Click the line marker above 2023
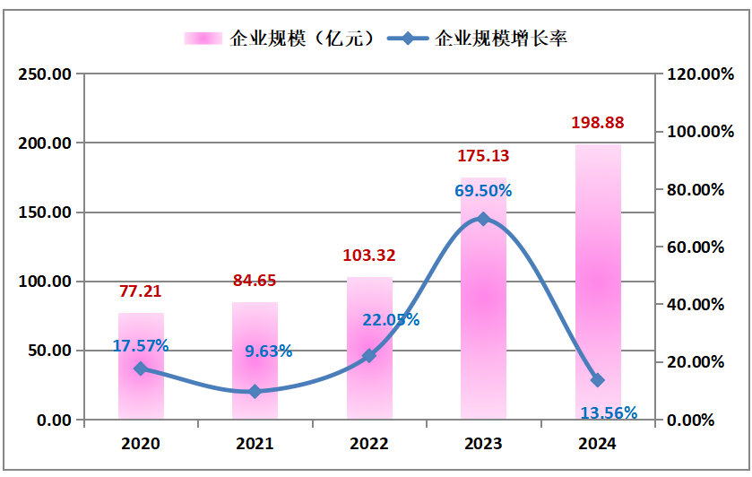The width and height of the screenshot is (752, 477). [x=483, y=219]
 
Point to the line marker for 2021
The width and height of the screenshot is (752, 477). [x=255, y=392]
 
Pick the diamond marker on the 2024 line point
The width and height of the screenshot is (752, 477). [x=598, y=380]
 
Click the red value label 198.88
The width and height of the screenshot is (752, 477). [x=598, y=122]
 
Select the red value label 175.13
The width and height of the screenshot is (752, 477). [x=483, y=155]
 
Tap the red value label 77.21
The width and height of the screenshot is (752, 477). [x=141, y=291]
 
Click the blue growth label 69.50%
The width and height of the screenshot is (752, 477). [x=483, y=190]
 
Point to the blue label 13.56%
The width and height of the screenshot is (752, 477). [x=609, y=412]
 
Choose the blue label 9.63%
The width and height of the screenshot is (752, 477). [x=269, y=351]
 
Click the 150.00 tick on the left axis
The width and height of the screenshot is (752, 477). [x=44, y=212]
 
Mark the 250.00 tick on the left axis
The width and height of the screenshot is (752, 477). [x=44, y=74]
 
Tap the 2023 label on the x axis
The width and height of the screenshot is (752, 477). [x=483, y=443]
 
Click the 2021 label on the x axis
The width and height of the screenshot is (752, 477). [x=255, y=443]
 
